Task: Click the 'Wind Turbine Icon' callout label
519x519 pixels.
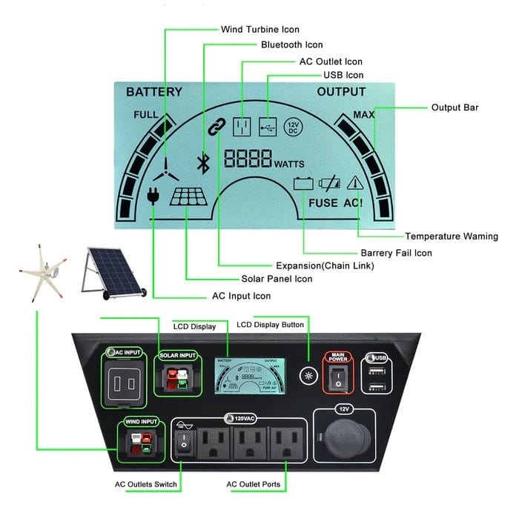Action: (260, 30)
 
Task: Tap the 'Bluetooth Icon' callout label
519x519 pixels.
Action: (291, 45)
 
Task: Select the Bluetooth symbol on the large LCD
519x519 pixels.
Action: (199, 162)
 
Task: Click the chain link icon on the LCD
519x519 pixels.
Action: (216, 128)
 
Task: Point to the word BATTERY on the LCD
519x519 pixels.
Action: (153, 93)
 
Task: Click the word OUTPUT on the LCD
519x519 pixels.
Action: (341, 93)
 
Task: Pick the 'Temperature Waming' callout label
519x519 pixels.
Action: (451, 237)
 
